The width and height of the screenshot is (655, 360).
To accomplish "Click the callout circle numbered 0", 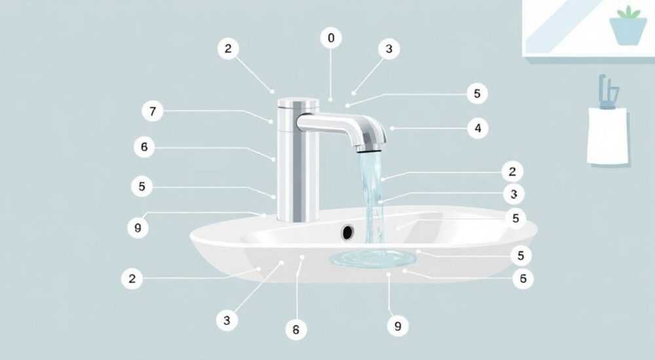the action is coord(331,38).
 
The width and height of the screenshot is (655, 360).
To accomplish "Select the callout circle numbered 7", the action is coord(153,111).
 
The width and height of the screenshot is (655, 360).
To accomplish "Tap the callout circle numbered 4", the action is coord(478,128).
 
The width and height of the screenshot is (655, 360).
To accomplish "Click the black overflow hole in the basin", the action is coord(348,232).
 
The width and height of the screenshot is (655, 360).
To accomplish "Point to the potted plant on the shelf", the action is coord(627,25).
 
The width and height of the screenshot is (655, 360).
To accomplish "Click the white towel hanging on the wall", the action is coord(608,136).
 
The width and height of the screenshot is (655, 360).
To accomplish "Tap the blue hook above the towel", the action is coord(608,92).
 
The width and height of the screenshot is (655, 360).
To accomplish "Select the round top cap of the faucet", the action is coord(298,103).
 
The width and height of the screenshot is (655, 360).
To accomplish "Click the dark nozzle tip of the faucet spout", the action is coord(370,149).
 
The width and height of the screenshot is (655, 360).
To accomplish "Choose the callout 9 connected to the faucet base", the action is coord(138,228).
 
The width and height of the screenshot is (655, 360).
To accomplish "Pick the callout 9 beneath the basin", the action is coord(398,326).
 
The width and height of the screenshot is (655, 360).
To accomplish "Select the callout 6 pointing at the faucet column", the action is coord(144,147).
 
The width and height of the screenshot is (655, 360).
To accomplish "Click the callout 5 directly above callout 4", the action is coord(477,93).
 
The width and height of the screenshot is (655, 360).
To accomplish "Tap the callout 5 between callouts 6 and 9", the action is coord(142,187).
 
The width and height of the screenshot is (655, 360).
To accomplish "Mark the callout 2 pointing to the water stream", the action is coord(512,171).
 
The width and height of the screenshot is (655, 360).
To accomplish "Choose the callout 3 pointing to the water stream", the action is coord(514,194).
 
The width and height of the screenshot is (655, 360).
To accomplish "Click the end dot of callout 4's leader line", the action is coord(392,128).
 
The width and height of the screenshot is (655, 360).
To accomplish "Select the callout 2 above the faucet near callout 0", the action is coord(228,48).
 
